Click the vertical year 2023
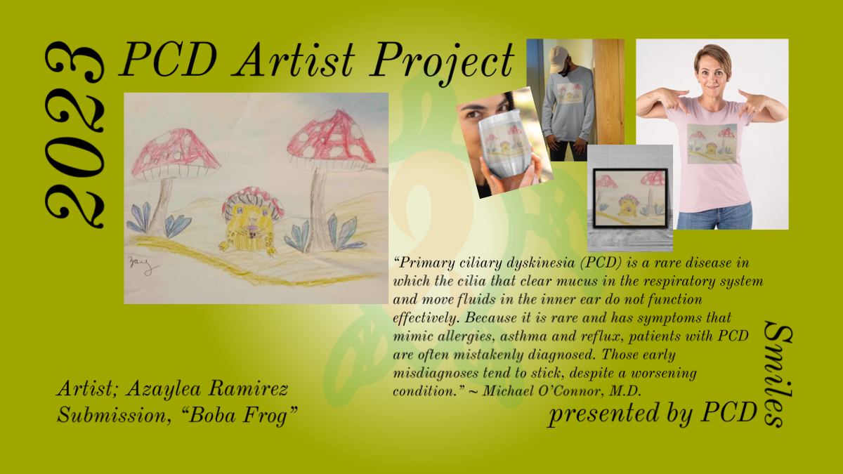pos(74,135)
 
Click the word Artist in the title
pos(294,60)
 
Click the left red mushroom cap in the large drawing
pos(174,154)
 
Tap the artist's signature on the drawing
pos(142,265)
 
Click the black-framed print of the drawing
pos(630,198)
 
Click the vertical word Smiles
pos(778,374)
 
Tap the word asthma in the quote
pos(523,336)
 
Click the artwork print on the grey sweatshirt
pos(570,93)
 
